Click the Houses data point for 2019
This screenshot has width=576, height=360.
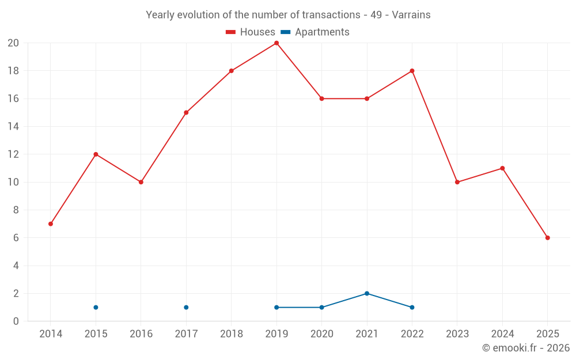(x=276, y=43)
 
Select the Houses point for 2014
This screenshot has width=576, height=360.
(x=51, y=224)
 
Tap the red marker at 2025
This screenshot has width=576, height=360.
(x=547, y=238)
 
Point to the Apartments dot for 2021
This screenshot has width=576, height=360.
(x=367, y=294)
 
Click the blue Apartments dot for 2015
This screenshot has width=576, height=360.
(x=96, y=308)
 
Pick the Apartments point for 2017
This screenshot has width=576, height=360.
(x=186, y=308)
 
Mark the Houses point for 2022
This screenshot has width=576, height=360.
(x=412, y=71)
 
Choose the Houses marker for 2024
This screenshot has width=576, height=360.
(x=502, y=168)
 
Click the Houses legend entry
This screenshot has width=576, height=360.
(x=251, y=32)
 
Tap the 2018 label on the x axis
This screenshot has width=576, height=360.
(x=231, y=334)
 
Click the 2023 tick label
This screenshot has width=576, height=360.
(x=457, y=334)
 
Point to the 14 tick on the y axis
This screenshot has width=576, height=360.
(x=13, y=127)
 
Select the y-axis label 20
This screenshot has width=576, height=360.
(x=13, y=43)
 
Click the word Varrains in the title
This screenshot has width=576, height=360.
(x=411, y=15)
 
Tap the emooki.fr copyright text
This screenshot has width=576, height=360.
(x=526, y=348)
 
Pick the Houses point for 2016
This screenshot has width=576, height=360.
(x=141, y=182)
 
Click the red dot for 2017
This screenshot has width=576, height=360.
(x=186, y=113)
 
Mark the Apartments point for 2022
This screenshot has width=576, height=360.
(x=412, y=308)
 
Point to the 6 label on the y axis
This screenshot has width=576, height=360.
(x=16, y=238)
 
